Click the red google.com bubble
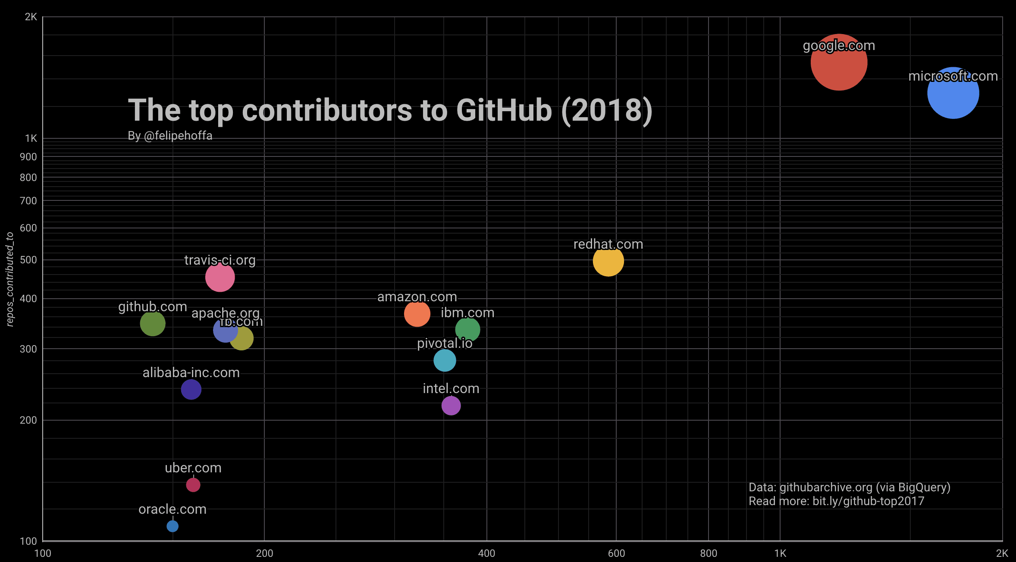[838, 62]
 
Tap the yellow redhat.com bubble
[608, 261]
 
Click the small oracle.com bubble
[172, 526]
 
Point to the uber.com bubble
[193, 485]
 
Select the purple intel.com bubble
[451, 406]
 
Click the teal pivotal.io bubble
[445, 360]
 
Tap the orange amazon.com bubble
[417, 314]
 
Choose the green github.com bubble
[153, 323]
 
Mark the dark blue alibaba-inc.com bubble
[191, 390]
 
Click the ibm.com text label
[467, 312]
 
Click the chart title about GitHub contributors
[390, 110]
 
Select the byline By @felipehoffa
[170, 136]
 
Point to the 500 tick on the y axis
[28, 260]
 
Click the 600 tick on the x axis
[616, 553]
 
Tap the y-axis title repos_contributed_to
[10, 279]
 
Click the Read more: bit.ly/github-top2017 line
[836, 501]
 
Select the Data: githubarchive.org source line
[849, 487]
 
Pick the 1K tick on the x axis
[780, 553]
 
